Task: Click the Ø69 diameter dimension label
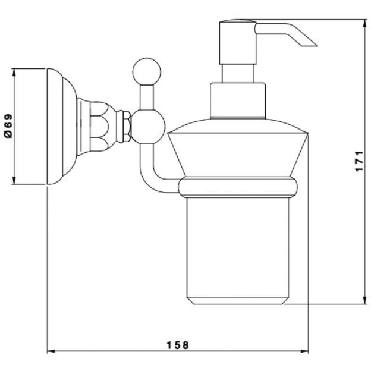pyautogui.click(x=8, y=126)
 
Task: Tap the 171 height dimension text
pyautogui.click(x=359, y=161)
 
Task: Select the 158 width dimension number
pyautogui.click(x=178, y=345)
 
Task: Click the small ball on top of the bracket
pyautogui.click(x=147, y=71)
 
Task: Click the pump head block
pyautogui.click(x=238, y=43)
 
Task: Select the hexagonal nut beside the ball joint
pyautogui.click(x=127, y=127)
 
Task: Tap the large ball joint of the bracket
pyautogui.click(x=147, y=127)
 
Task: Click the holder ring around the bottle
pyautogui.click(x=238, y=187)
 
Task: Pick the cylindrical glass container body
pyautogui.click(x=238, y=251)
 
